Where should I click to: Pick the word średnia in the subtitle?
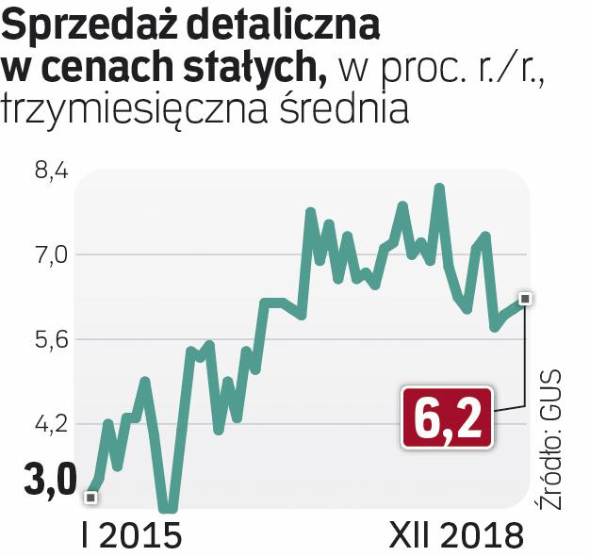click(350, 109)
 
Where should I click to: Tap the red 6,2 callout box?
click(448, 417)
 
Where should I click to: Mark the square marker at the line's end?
click(526, 298)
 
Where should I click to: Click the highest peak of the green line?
click(438, 188)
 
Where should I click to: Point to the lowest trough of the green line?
click(168, 509)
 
